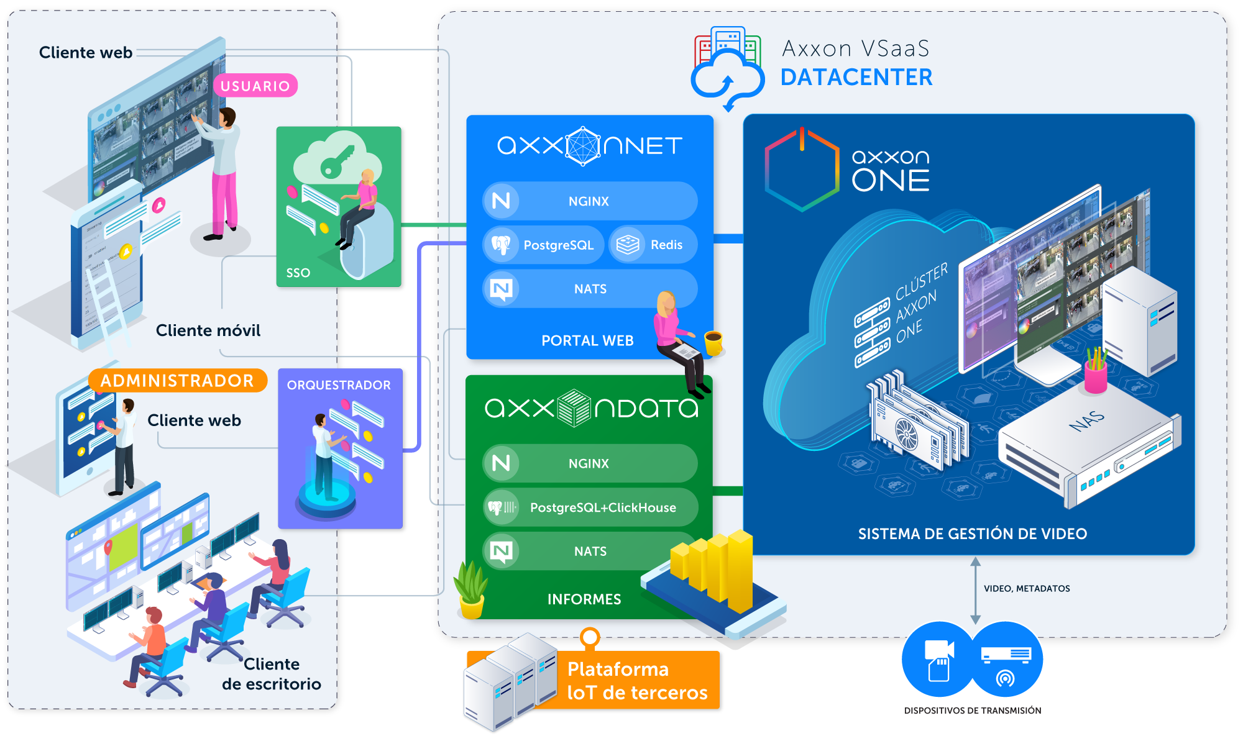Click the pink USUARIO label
click(255, 86)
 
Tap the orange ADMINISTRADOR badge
click(177, 380)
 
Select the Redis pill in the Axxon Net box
click(653, 245)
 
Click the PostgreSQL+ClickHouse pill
click(590, 507)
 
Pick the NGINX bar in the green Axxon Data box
click(590, 463)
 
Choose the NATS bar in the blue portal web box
click(590, 289)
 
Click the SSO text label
click(298, 273)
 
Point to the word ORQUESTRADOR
click(339, 385)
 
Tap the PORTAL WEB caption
click(587, 340)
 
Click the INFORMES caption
click(584, 599)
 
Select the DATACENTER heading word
click(856, 78)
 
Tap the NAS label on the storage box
click(1087, 421)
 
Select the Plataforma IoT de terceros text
click(637, 681)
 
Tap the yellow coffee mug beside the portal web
click(713, 342)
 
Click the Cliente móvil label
click(208, 330)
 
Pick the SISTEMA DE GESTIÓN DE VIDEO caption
click(973, 534)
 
